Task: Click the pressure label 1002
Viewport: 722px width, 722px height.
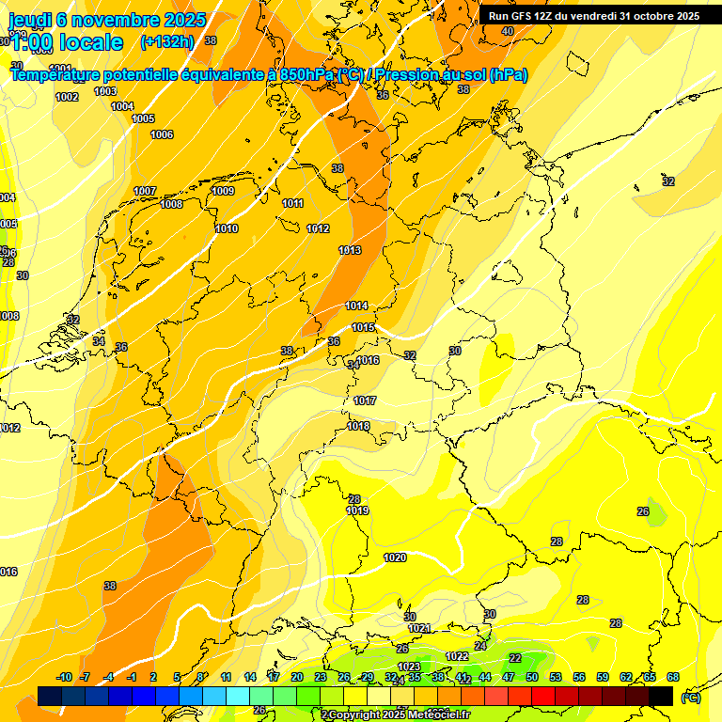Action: [67, 97]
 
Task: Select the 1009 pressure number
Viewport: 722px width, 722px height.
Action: [223, 191]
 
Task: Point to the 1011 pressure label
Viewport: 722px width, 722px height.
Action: [293, 203]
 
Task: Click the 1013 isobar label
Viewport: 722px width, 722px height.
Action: [350, 250]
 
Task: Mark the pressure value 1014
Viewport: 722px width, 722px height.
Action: [356, 306]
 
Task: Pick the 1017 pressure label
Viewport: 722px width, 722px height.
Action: [365, 400]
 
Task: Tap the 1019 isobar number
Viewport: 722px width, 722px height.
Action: [357, 510]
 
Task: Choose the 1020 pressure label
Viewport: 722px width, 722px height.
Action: [395, 557]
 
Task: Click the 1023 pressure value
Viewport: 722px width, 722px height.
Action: [409, 667]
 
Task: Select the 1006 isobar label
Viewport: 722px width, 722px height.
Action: [162, 134]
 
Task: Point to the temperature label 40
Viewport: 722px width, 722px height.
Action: [508, 31]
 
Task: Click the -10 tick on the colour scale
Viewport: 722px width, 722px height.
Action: [65, 677]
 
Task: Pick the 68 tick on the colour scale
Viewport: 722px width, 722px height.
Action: [673, 677]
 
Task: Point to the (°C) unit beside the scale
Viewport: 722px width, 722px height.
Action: [691, 697]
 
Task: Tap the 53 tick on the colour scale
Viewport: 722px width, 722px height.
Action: [555, 677]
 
